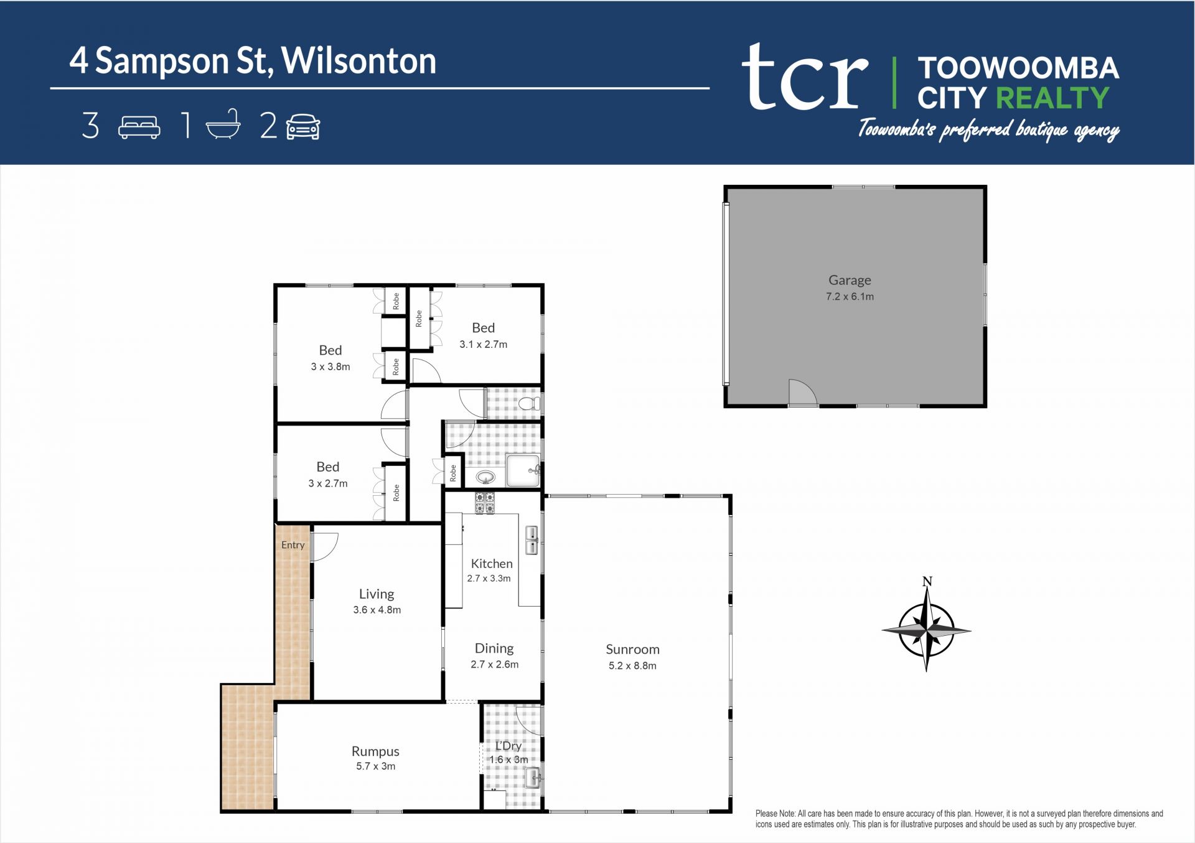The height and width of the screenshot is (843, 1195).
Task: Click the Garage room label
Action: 850,281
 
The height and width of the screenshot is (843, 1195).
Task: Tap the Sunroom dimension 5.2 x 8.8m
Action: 632,666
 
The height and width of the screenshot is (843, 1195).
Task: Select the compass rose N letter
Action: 927,582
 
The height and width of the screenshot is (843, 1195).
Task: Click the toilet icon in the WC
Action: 530,404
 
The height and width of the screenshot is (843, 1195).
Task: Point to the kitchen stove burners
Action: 485,503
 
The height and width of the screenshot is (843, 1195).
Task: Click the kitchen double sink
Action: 532,540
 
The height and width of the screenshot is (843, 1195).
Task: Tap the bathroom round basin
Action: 485,478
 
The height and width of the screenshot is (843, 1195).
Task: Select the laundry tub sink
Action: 532,778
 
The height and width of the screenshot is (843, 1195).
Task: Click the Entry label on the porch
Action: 293,545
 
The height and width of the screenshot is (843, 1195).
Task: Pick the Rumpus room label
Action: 375,752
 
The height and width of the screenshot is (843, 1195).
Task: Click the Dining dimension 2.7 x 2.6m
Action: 494,664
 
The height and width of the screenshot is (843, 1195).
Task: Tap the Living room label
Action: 377,594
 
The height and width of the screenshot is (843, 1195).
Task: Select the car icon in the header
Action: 303,126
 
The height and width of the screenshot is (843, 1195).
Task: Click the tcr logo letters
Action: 805,77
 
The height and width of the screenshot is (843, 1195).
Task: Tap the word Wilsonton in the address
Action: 358,61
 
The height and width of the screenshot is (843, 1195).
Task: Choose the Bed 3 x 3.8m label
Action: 330,358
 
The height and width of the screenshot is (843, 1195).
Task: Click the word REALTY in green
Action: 1052,98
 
